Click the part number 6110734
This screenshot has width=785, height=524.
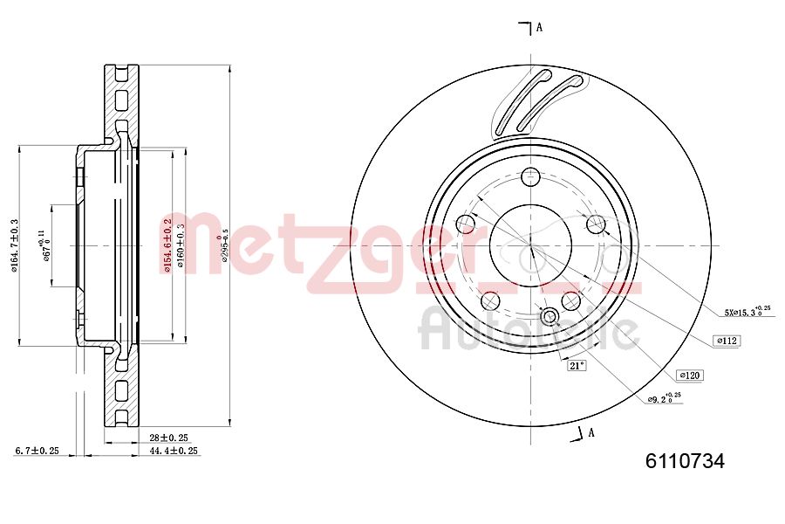click(x=685, y=462)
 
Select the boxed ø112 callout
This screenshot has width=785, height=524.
click(x=727, y=341)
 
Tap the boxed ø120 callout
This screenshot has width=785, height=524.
click(x=689, y=375)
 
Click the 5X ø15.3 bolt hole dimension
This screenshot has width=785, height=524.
click(x=747, y=311)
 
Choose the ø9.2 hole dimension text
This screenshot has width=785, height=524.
click(x=665, y=399)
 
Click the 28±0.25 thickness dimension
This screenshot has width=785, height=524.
click(x=169, y=437)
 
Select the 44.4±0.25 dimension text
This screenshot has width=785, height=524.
click(x=174, y=451)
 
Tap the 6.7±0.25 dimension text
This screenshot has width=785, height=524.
click(x=37, y=451)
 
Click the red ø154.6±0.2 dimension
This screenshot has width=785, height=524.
click(x=167, y=245)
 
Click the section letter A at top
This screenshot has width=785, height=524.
click(x=539, y=27)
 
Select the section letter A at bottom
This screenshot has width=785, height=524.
click(x=590, y=431)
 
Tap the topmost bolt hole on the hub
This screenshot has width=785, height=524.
click(x=530, y=177)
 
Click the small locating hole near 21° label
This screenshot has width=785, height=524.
click(x=549, y=316)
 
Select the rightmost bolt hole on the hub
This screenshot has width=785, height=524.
click(x=596, y=224)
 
